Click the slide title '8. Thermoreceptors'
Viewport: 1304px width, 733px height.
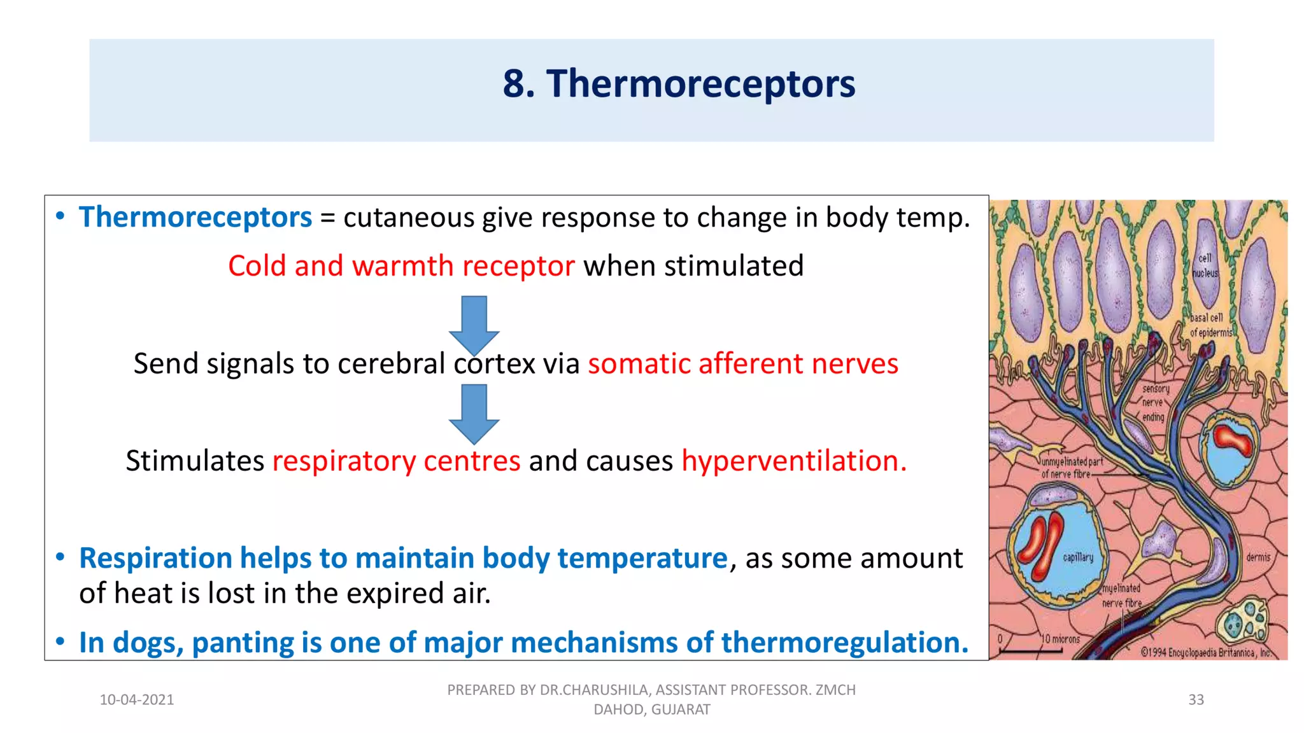679,83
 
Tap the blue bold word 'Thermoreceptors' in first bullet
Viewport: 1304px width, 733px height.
195,218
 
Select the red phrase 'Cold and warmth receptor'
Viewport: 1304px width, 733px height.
401,266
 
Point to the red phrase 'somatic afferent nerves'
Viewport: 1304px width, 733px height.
742,364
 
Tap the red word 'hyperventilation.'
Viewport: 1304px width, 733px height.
794,461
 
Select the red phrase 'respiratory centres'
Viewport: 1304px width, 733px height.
396,461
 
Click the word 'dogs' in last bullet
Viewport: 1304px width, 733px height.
148,643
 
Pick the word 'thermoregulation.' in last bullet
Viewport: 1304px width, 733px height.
844,643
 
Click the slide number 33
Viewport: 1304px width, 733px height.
1196,700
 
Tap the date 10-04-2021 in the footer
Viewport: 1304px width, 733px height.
137,700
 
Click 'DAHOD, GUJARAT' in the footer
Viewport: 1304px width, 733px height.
651,709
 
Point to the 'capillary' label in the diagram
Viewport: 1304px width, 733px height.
1078,557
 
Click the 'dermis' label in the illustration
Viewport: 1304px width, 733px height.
1258,557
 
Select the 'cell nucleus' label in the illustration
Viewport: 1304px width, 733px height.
1205,266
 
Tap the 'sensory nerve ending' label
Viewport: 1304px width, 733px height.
1154,403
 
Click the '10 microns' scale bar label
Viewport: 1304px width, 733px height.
1060,639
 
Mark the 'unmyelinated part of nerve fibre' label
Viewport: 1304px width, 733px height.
1072,468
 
